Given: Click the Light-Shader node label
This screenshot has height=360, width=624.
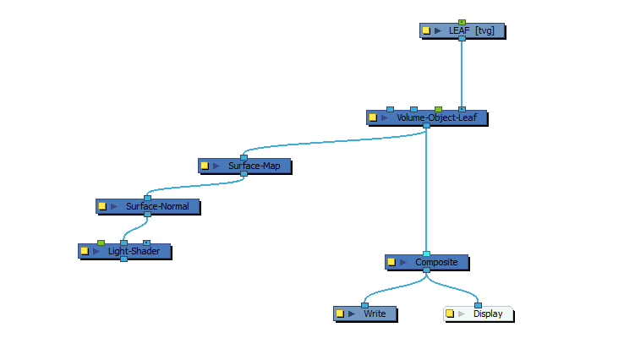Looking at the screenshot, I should click(x=128, y=251).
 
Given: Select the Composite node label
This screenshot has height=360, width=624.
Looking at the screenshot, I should click(x=436, y=262).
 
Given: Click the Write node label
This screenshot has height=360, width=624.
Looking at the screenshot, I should click(x=375, y=314).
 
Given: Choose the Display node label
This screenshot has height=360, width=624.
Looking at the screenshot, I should click(x=488, y=314).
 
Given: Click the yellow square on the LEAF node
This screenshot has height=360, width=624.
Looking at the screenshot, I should click(x=426, y=30).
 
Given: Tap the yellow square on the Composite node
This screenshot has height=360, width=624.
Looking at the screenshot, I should click(x=391, y=262).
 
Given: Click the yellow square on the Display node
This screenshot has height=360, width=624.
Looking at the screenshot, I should click(x=451, y=314).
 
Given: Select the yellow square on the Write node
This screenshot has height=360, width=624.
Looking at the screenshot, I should click(x=340, y=314).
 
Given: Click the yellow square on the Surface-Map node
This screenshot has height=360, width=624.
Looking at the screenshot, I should click(x=205, y=166).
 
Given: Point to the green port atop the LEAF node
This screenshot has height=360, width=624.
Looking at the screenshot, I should click(x=462, y=22).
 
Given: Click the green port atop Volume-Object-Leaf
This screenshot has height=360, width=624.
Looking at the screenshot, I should click(x=438, y=109).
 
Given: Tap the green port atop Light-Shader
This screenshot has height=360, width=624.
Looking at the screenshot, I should click(x=101, y=243).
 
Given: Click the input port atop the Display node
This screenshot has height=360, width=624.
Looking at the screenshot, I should click(x=478, y=305).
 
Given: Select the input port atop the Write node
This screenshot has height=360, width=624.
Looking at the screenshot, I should click(x=364, y=305).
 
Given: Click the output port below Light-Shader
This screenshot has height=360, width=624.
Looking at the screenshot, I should click(x=123, y=259).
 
